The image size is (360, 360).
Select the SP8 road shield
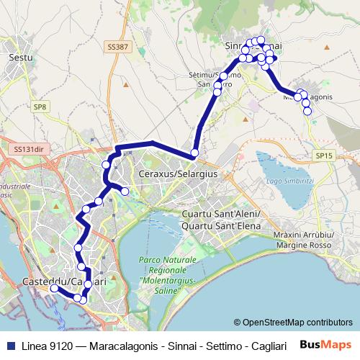[39, 107]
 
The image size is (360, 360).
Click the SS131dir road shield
[28, 148]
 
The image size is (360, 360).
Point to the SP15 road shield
[324, 155]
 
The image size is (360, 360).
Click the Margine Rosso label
[312, 244]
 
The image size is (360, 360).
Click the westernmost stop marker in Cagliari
[53, 289]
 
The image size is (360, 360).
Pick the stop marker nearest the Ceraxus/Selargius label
[194, 153]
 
